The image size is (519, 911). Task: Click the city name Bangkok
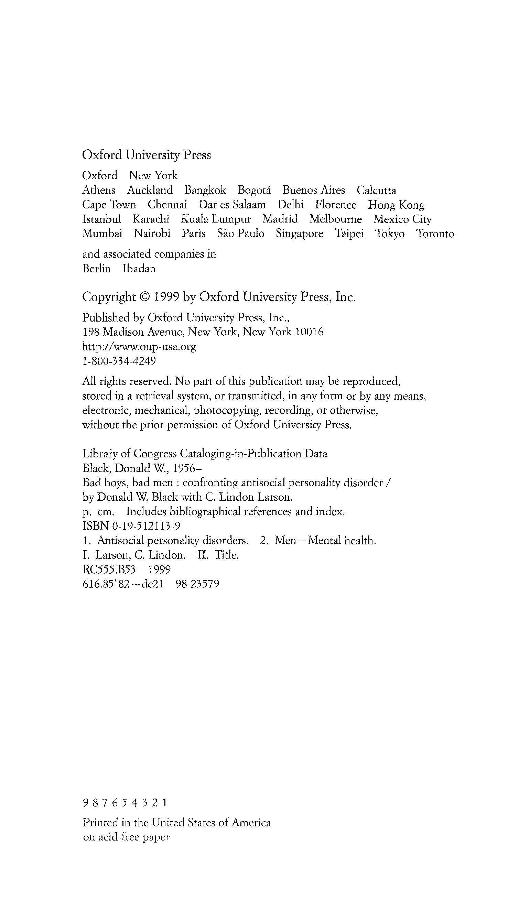point(205,190)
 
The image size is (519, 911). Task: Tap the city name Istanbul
point(101,219)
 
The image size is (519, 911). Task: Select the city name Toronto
point(435,234)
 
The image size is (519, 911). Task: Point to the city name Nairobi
point(152,234)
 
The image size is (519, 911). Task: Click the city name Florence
point(335,205)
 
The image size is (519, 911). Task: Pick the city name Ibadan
point(139,269)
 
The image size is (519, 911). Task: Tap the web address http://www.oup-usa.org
point(139,347)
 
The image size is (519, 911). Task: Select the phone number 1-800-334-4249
point(119,361)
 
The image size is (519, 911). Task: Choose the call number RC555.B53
point(109,570)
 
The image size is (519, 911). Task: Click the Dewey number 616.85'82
point(106,584)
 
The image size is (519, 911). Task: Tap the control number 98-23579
point(198,584)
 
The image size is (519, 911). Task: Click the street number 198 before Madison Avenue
point(91,332)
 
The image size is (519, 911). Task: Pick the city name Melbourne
point(335,219)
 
